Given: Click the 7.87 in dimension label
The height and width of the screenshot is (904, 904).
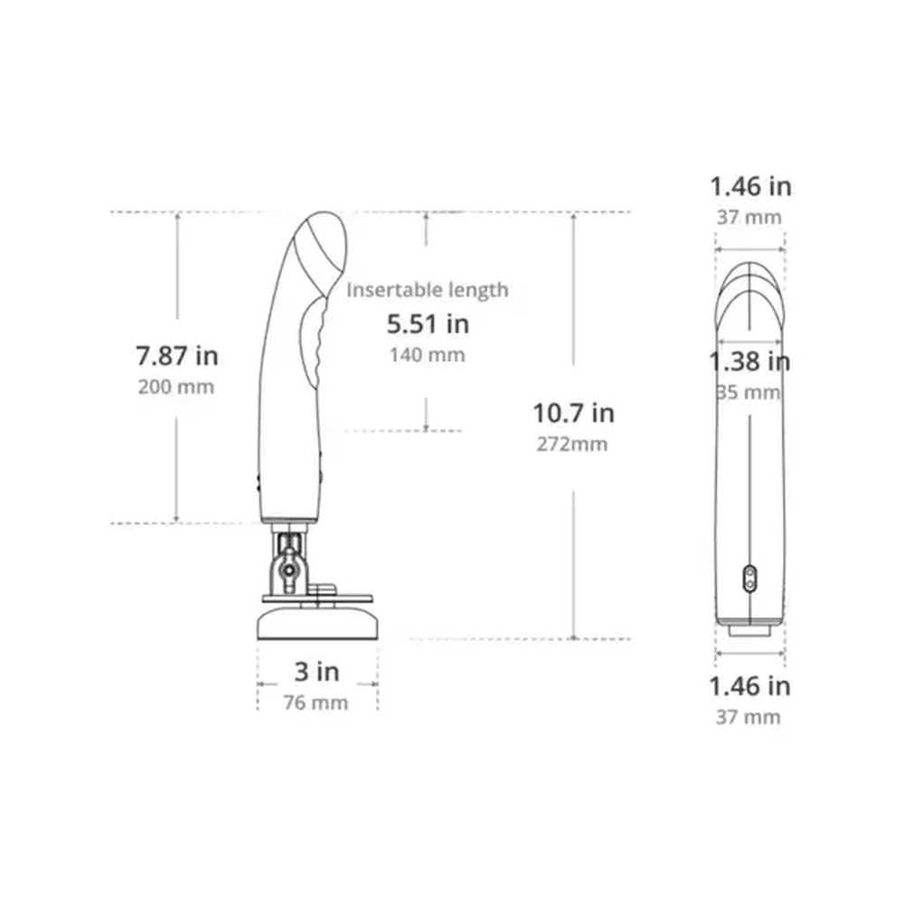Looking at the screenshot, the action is click(177, 355).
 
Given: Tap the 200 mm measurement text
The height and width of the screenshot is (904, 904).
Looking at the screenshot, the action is click(176, 386).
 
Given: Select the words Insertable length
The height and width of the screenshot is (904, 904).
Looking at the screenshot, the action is click(428, 290).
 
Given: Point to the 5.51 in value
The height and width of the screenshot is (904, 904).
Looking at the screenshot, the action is click(428, 324).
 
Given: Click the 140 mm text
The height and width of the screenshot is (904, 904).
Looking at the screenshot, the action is click(428, 354).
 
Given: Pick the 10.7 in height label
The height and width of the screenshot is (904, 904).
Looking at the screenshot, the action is click(574, 413).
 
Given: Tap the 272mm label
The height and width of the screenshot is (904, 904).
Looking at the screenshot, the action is click(572, 444).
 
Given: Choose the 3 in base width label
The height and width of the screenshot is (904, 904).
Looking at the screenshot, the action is click(316, 672).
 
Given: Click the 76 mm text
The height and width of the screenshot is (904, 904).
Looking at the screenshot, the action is click(315, 702).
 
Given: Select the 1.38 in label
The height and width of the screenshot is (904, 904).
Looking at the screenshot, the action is click(749, 362).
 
